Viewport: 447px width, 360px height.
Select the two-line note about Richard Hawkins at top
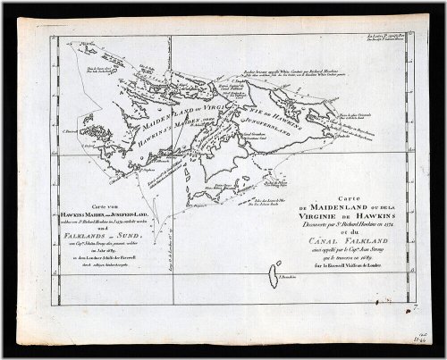click(295, 92)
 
